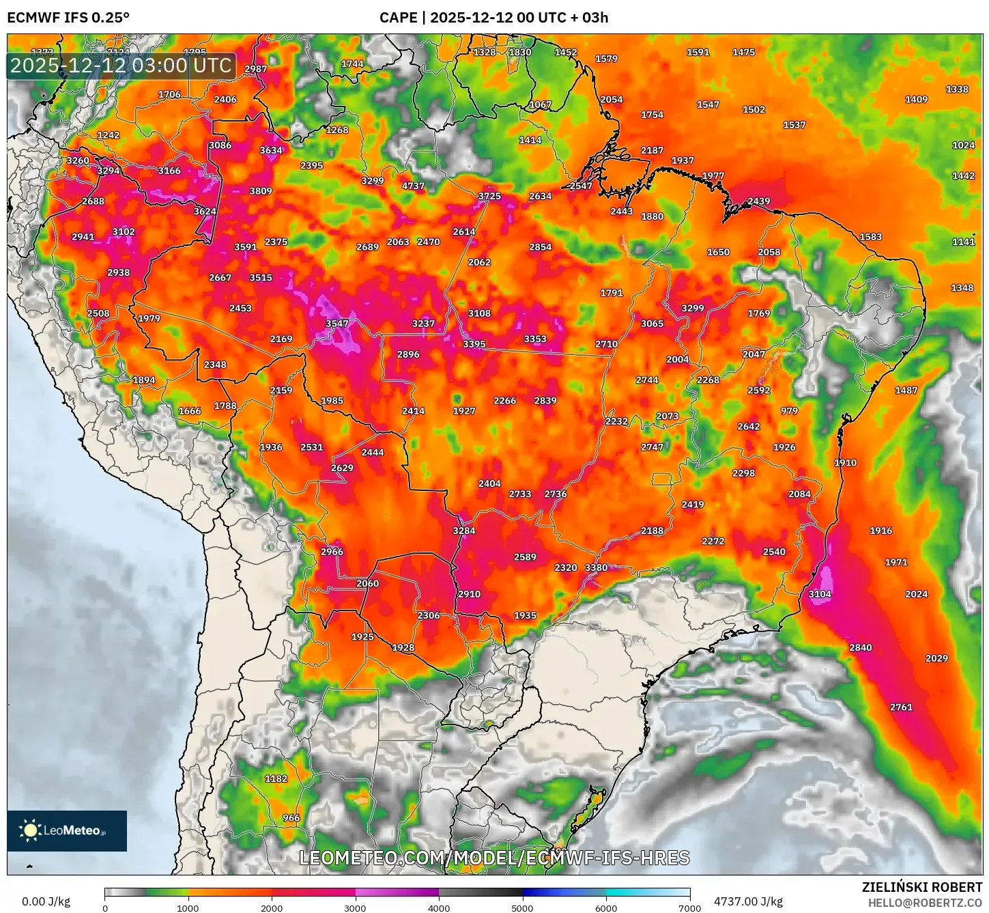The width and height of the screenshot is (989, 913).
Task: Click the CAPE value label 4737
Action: pyautogui.click(x=413, y=186)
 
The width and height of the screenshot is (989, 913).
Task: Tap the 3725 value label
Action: pyautogui.click(x=489, y=196)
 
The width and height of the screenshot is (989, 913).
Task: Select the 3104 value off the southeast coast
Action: pyautogui.click(x=819, y=594)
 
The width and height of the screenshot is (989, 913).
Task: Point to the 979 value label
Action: pyautogui.click(x=789, y=411)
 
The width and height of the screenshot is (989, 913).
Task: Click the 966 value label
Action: pyautogui.click(x=291, y=817)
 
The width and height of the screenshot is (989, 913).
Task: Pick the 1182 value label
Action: pyautogui.click(x=276, y=778)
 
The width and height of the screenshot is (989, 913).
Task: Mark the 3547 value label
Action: pyautogui.click(x=336, y=324)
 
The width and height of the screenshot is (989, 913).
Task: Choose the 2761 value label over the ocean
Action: pyautogui.click(x=900, y=707)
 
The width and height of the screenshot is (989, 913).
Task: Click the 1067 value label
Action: pyautogui.click(x=540, y=104)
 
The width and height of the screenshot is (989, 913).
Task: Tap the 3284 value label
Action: pyautogui.click(x=463, y=531)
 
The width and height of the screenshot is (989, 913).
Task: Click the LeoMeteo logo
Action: pyautogui.click(x=67, y=830)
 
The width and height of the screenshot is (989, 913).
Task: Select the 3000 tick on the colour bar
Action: pyautogui.click(x=355, y=908)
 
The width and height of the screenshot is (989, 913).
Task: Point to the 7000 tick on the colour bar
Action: pyautogui.click(x=689, y=908)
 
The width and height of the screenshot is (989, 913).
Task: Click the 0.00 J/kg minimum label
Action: pyautogui.click(x=46, y=901)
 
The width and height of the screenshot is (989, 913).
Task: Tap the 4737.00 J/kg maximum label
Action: pyautogui.click(x=748, y=901)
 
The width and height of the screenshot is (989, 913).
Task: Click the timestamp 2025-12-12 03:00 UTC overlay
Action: pyautogui.click(x=121, y=66)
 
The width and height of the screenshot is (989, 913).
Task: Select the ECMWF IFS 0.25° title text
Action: pyautogui.click(x=68, y=18)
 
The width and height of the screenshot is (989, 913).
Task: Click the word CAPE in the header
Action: pyautogui.click(x=398, y=18)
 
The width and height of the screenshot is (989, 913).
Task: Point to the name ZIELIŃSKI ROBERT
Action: pyautogui.click(x=921, y=887)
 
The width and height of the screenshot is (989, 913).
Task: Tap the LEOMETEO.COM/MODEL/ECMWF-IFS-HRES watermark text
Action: pyautogui.click(x=494, y=858)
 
